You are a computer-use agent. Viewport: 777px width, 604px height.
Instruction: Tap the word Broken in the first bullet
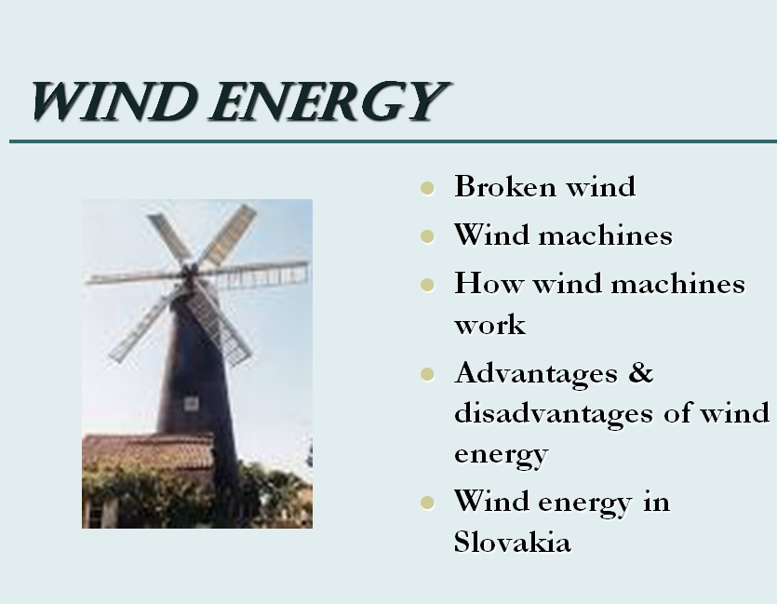point(505,186)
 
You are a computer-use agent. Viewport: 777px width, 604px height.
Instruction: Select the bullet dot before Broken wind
point(427,188)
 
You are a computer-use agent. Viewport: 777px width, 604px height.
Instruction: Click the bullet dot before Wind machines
point(427,236)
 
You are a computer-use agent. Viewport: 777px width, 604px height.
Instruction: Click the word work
point(489,326)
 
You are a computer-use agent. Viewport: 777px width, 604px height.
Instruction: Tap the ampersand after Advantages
point(641,372)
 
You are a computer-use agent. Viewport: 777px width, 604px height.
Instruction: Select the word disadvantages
point(553,414)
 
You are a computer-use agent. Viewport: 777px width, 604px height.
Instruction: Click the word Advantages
point(536,374)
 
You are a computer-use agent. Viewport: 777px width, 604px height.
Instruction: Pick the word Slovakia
point(513,542)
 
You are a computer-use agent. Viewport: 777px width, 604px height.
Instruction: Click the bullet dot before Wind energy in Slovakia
point(427,503)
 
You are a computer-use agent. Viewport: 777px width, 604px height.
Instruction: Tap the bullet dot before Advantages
point(427,374)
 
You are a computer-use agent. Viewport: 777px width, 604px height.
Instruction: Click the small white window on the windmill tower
point(192,403)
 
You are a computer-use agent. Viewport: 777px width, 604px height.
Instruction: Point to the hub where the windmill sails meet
point(189,272)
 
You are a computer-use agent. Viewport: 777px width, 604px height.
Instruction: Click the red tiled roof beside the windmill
point(149,450)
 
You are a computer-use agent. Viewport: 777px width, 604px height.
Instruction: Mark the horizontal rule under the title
point(393,141)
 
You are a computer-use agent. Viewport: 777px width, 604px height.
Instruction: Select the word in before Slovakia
point(657,502)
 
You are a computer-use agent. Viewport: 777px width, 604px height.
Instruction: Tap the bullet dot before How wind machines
point(427,285)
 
